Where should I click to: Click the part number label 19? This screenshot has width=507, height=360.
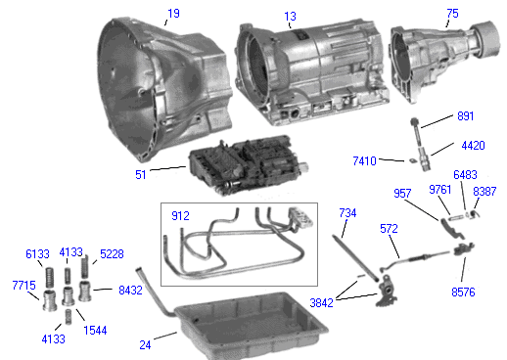[173, 14]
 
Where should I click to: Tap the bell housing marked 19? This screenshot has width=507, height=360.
[163, 90]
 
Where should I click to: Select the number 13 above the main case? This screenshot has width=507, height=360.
[290, 17]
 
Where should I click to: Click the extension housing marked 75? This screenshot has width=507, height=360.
[444, 61]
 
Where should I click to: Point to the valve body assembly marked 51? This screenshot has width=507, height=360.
[248, 164]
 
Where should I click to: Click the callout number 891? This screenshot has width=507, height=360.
[465, 116]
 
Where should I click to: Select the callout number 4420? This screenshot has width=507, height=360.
[473, 146]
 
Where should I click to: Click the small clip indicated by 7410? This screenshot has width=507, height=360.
[412, 160]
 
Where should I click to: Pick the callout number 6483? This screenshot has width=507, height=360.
[465, 175]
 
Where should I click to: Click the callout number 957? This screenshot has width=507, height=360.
[402, 194]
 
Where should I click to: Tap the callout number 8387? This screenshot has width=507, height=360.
[484, 192]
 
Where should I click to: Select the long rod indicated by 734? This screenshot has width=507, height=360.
[355, 258]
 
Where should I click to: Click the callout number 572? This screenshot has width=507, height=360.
[389, 229]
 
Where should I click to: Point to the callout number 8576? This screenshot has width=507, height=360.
[463, 292]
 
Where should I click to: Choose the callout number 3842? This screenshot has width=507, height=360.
[321, 303]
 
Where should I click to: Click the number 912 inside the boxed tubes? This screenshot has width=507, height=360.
[180, 216]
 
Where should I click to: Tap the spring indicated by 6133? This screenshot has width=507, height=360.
[49, 277]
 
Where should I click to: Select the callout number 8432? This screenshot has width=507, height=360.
[130, 290]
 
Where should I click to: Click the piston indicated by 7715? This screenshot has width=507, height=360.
[50, 299]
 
